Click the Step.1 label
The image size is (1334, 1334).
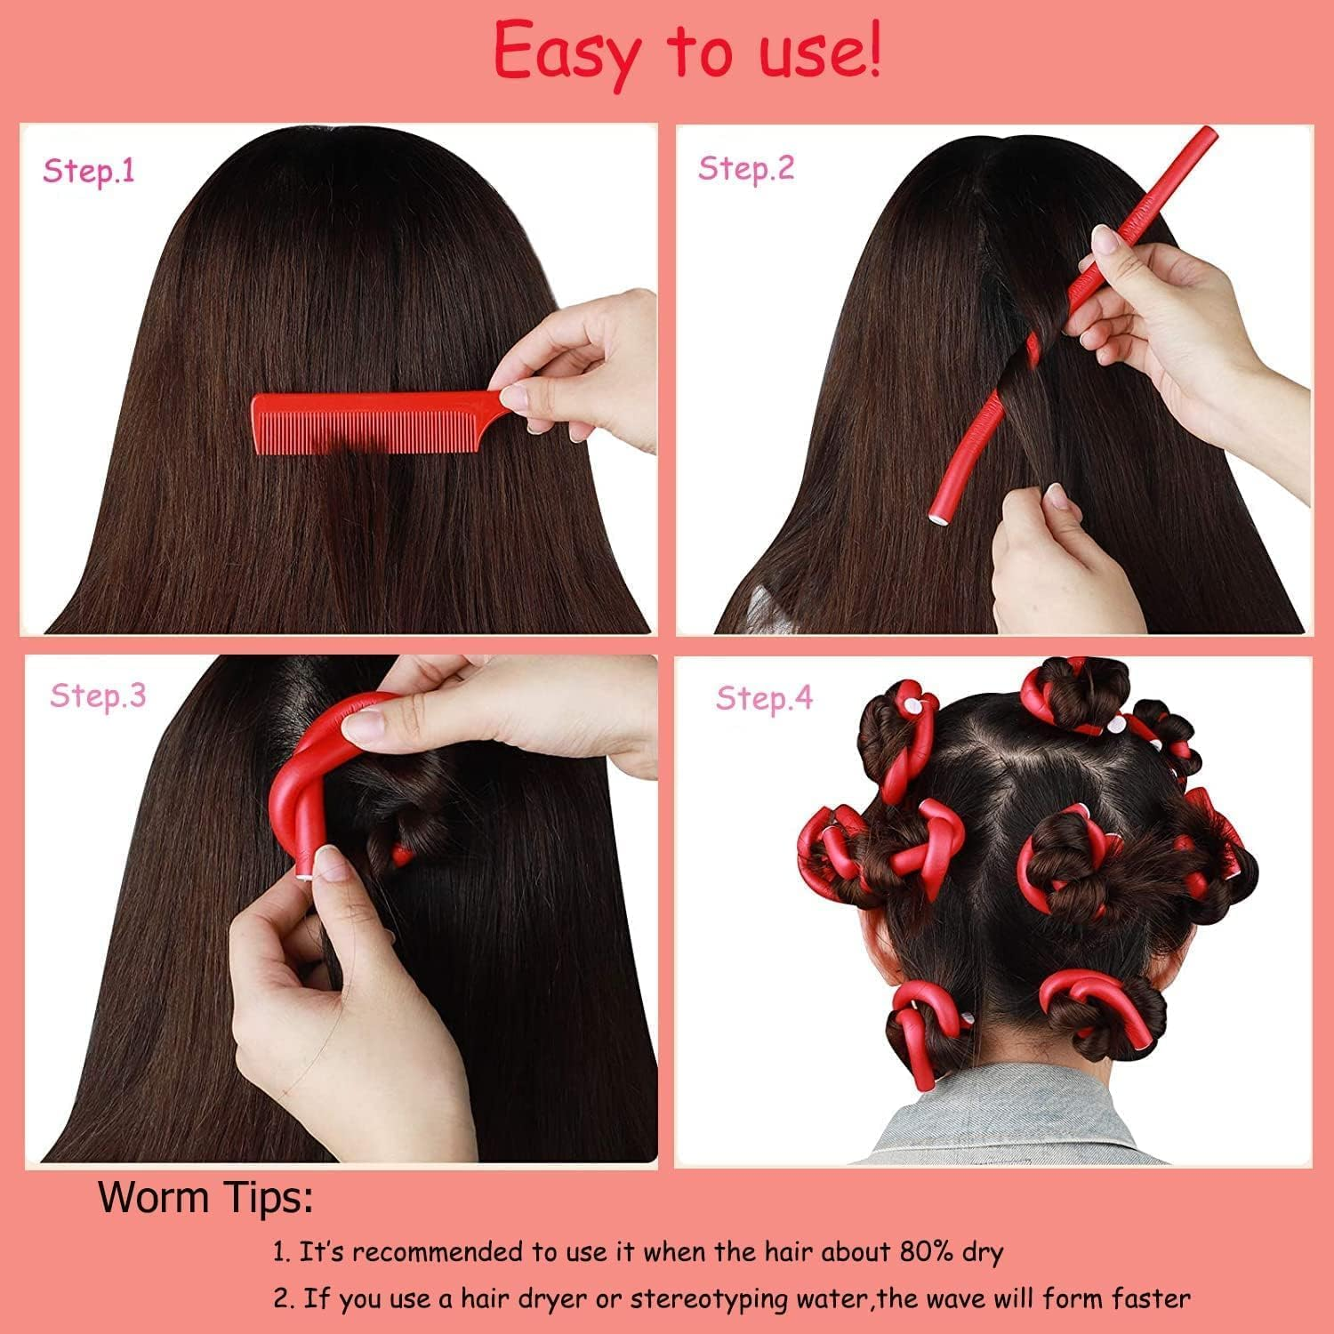point(89,170)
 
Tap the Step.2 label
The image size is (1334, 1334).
point(745,167)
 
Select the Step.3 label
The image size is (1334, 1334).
point(98,695)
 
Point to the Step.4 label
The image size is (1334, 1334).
point(764,698)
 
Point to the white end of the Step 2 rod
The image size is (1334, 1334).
point(937,513)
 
